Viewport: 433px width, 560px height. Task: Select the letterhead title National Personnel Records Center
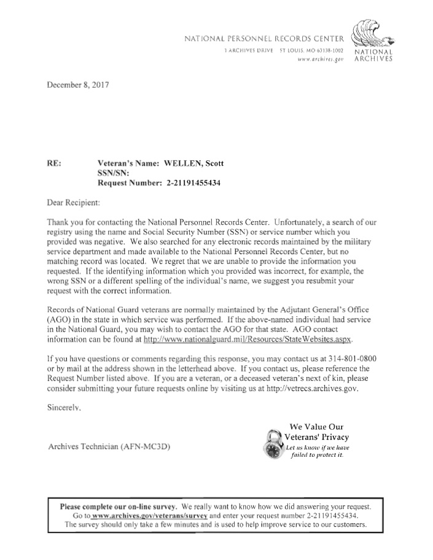click(264, 39)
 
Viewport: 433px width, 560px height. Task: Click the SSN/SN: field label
click(114, 173)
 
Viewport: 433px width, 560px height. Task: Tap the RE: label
click(55, 164)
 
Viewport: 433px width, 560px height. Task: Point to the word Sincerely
click(64, 407)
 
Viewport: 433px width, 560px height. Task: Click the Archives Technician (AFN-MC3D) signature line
click(109, 446)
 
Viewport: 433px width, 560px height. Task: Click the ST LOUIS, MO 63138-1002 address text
click(311, 49)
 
